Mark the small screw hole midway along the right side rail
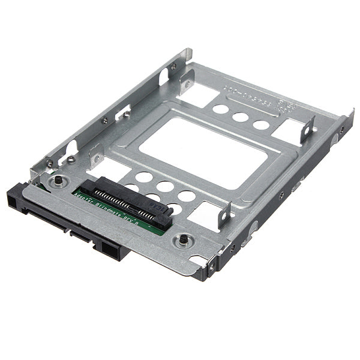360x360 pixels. [x=281, y=196]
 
